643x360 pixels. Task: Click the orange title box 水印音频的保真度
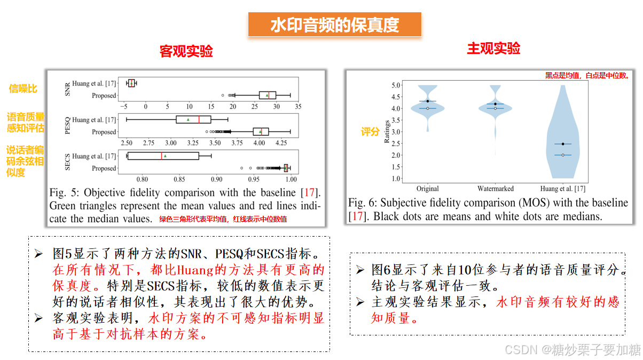335,25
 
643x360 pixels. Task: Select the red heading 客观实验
186,51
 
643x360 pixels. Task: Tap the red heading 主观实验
493,49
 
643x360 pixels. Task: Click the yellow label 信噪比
23,89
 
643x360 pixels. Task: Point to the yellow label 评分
370,131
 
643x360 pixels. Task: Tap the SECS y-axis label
67,162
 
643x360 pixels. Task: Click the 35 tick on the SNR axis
297,107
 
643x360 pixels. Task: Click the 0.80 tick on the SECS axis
143,179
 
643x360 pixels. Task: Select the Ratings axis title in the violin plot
386,131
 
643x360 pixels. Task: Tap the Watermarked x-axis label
496,189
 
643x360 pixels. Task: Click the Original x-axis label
428,189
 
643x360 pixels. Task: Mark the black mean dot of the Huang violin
563,144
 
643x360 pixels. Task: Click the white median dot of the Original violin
428,108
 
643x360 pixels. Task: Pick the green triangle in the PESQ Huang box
188,120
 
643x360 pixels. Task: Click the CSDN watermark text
572,350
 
